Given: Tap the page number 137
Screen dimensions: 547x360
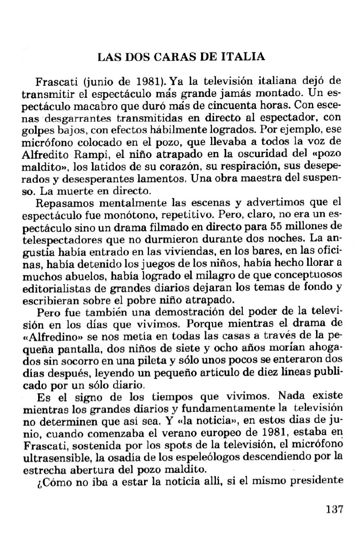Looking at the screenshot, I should [333, 510].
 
